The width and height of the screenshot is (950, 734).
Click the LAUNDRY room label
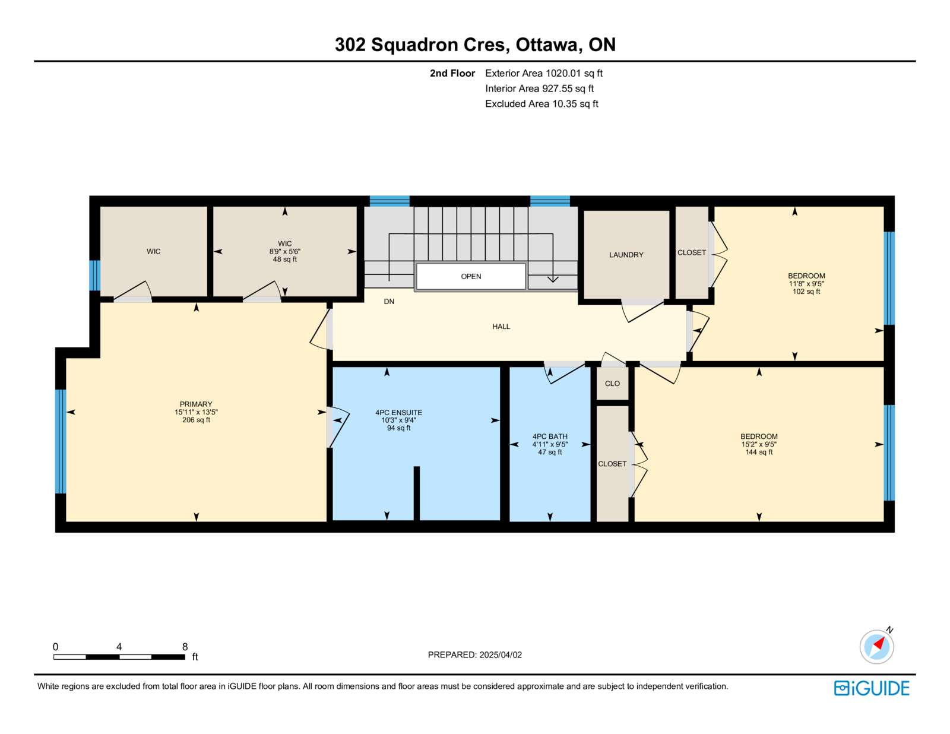626,255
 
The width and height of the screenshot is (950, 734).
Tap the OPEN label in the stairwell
471,276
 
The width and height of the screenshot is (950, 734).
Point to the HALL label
501,327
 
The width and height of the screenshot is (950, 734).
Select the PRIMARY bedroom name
196,404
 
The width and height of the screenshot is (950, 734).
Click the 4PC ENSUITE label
399,412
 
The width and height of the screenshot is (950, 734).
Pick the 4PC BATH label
550,436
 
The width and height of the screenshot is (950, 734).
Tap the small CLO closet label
612,384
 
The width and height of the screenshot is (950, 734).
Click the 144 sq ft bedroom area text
759,452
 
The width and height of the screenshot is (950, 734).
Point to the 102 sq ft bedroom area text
806,292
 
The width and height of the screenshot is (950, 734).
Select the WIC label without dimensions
153,251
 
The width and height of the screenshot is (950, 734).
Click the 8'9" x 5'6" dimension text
284,251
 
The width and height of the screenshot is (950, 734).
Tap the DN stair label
389,302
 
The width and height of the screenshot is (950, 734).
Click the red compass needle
879,643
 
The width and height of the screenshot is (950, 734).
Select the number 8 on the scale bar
185,647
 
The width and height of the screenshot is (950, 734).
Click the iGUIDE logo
871,688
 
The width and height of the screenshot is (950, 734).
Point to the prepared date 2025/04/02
501,654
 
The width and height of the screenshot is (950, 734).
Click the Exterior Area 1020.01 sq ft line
544,73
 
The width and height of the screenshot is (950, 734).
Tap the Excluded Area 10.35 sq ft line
541,103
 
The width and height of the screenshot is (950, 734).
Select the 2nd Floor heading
452,73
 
